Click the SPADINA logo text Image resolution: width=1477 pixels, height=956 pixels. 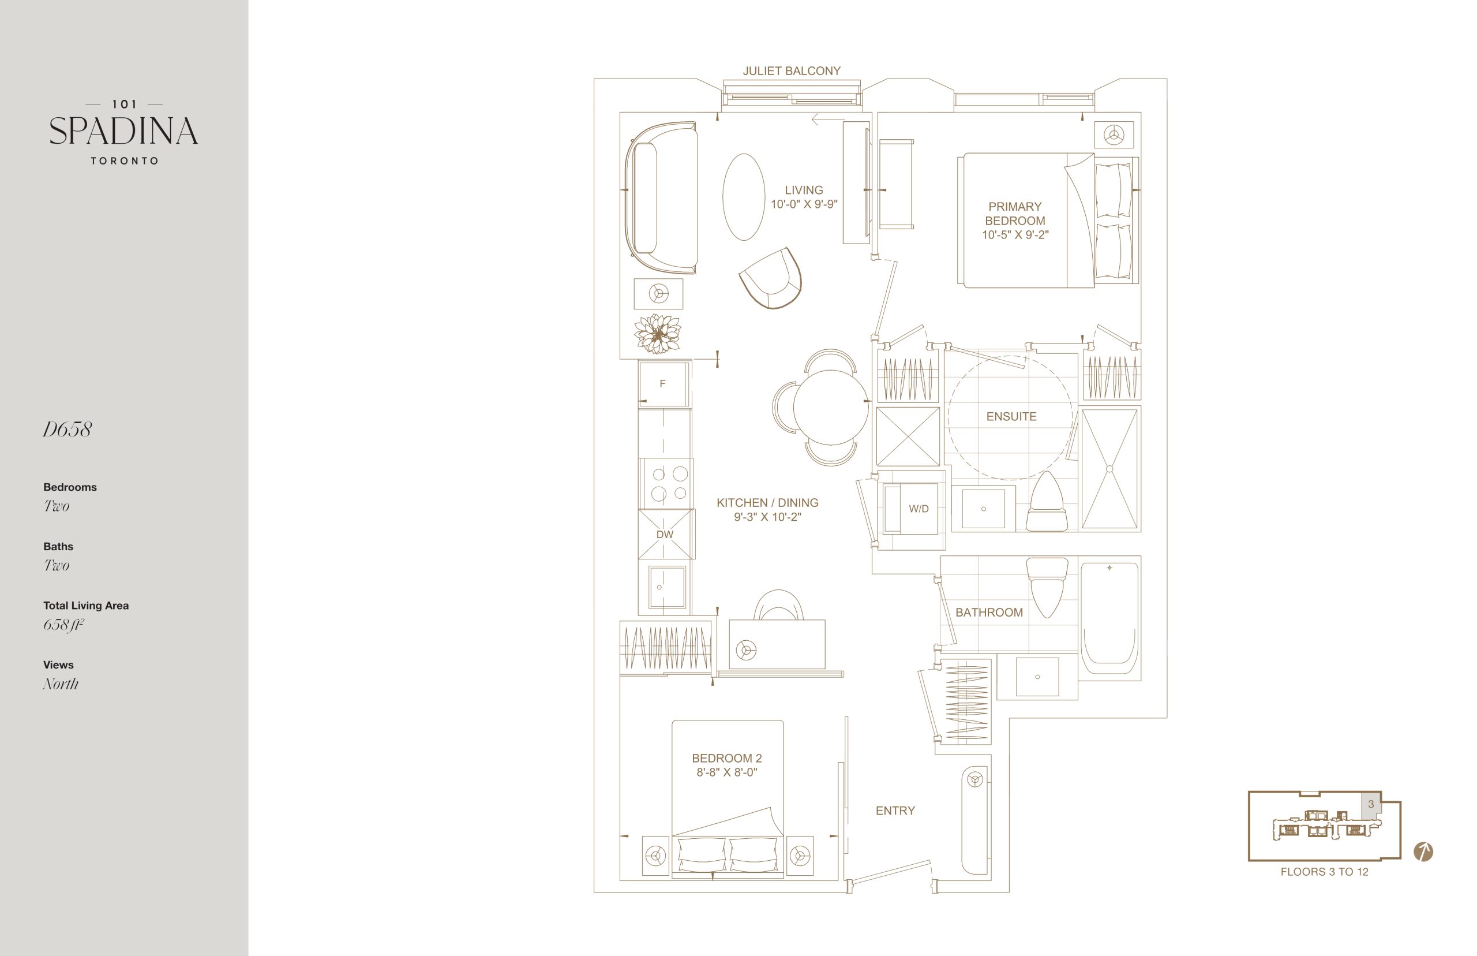123,131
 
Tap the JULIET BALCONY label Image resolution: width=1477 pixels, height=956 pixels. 792,72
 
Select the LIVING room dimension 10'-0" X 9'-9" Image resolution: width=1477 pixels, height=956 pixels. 804,204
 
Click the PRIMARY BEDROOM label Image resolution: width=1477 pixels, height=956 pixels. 1015,214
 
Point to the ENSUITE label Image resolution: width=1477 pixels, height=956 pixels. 1011,417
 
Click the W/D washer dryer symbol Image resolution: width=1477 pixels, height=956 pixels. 910,509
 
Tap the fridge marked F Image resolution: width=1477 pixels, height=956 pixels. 663,384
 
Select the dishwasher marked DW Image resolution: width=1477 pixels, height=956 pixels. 665,535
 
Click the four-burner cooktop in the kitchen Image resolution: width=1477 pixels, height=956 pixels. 666,484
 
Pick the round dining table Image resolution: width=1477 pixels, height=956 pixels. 831,407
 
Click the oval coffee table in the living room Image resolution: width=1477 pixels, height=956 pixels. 744,197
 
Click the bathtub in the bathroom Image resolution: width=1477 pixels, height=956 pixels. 1109,618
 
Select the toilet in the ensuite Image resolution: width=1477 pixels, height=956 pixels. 1047,502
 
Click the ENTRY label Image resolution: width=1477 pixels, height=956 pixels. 895,810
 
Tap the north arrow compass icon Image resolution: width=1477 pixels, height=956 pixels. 1423,851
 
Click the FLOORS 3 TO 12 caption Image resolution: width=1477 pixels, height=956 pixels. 1325,872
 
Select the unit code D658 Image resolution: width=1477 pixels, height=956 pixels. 67,430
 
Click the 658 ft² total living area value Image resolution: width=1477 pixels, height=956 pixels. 63,625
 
